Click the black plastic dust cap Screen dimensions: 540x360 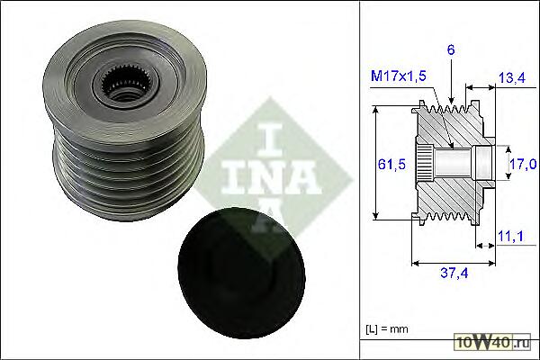pos(241,273)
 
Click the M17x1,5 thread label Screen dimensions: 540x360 pos(399,76)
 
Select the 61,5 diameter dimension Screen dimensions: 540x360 pos(391,165)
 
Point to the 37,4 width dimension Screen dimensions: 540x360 pos(454,274)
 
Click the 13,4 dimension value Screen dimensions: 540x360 pos(512,78)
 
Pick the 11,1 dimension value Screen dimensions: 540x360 pos(510,236)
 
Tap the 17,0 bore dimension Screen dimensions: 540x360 pos(523,165)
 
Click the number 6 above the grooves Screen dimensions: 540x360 pos(451,50)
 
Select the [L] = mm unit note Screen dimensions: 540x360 pos(387,329)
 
